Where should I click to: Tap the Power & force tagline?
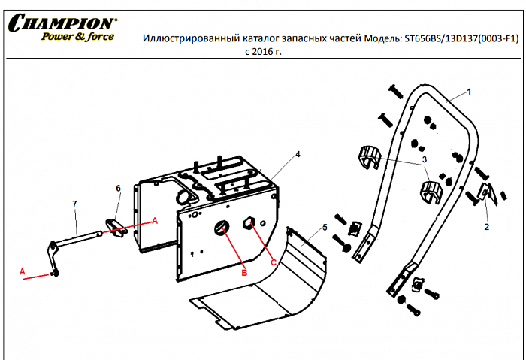tap(77, 37)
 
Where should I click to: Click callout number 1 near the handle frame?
tap(469, 91)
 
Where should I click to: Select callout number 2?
tap(486, 226)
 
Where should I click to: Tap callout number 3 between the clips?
tap(424, 160)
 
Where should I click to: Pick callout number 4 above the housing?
tap(298, 154)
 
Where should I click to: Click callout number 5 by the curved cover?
tap(325, 226)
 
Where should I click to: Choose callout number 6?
tap(117, 187)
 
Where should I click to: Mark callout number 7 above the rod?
tap(74, 204)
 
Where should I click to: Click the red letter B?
tap(243, 274)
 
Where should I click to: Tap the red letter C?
tap(273, 262)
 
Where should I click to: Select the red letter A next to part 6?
tap(156, 220)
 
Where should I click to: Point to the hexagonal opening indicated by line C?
tap(251, 223)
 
